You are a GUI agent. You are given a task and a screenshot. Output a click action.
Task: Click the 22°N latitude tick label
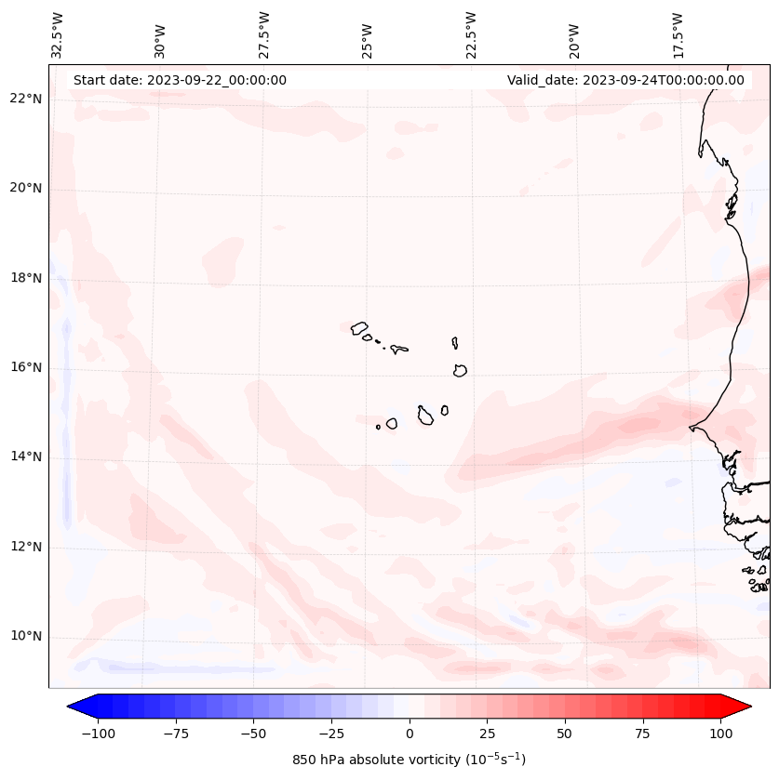coord(27,99)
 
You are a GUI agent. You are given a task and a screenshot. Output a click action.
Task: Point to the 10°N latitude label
coord(27,637)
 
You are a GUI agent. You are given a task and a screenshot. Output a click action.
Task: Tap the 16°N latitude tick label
coord(27,368)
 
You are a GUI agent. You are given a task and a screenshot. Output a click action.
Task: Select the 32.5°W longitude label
coord(58,34)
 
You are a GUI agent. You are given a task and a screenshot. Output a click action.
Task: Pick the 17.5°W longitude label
coord(678,34)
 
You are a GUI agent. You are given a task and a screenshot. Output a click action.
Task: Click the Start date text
coord(180,80)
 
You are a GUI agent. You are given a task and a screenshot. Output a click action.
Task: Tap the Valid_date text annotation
coord(625,80)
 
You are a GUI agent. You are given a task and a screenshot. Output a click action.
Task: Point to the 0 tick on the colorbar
coord(410,734)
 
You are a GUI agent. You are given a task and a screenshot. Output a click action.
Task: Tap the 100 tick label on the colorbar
coord(720,734)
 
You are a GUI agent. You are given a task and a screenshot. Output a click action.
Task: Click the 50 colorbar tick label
coord(565,734)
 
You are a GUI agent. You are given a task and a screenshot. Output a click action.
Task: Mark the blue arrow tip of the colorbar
coord(76,707)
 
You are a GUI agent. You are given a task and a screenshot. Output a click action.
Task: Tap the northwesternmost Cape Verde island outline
coord(359,327)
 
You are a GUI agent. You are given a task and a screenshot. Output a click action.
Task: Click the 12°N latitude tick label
coord(27,548)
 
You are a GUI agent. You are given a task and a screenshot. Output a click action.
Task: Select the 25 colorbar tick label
coord(487,734)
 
